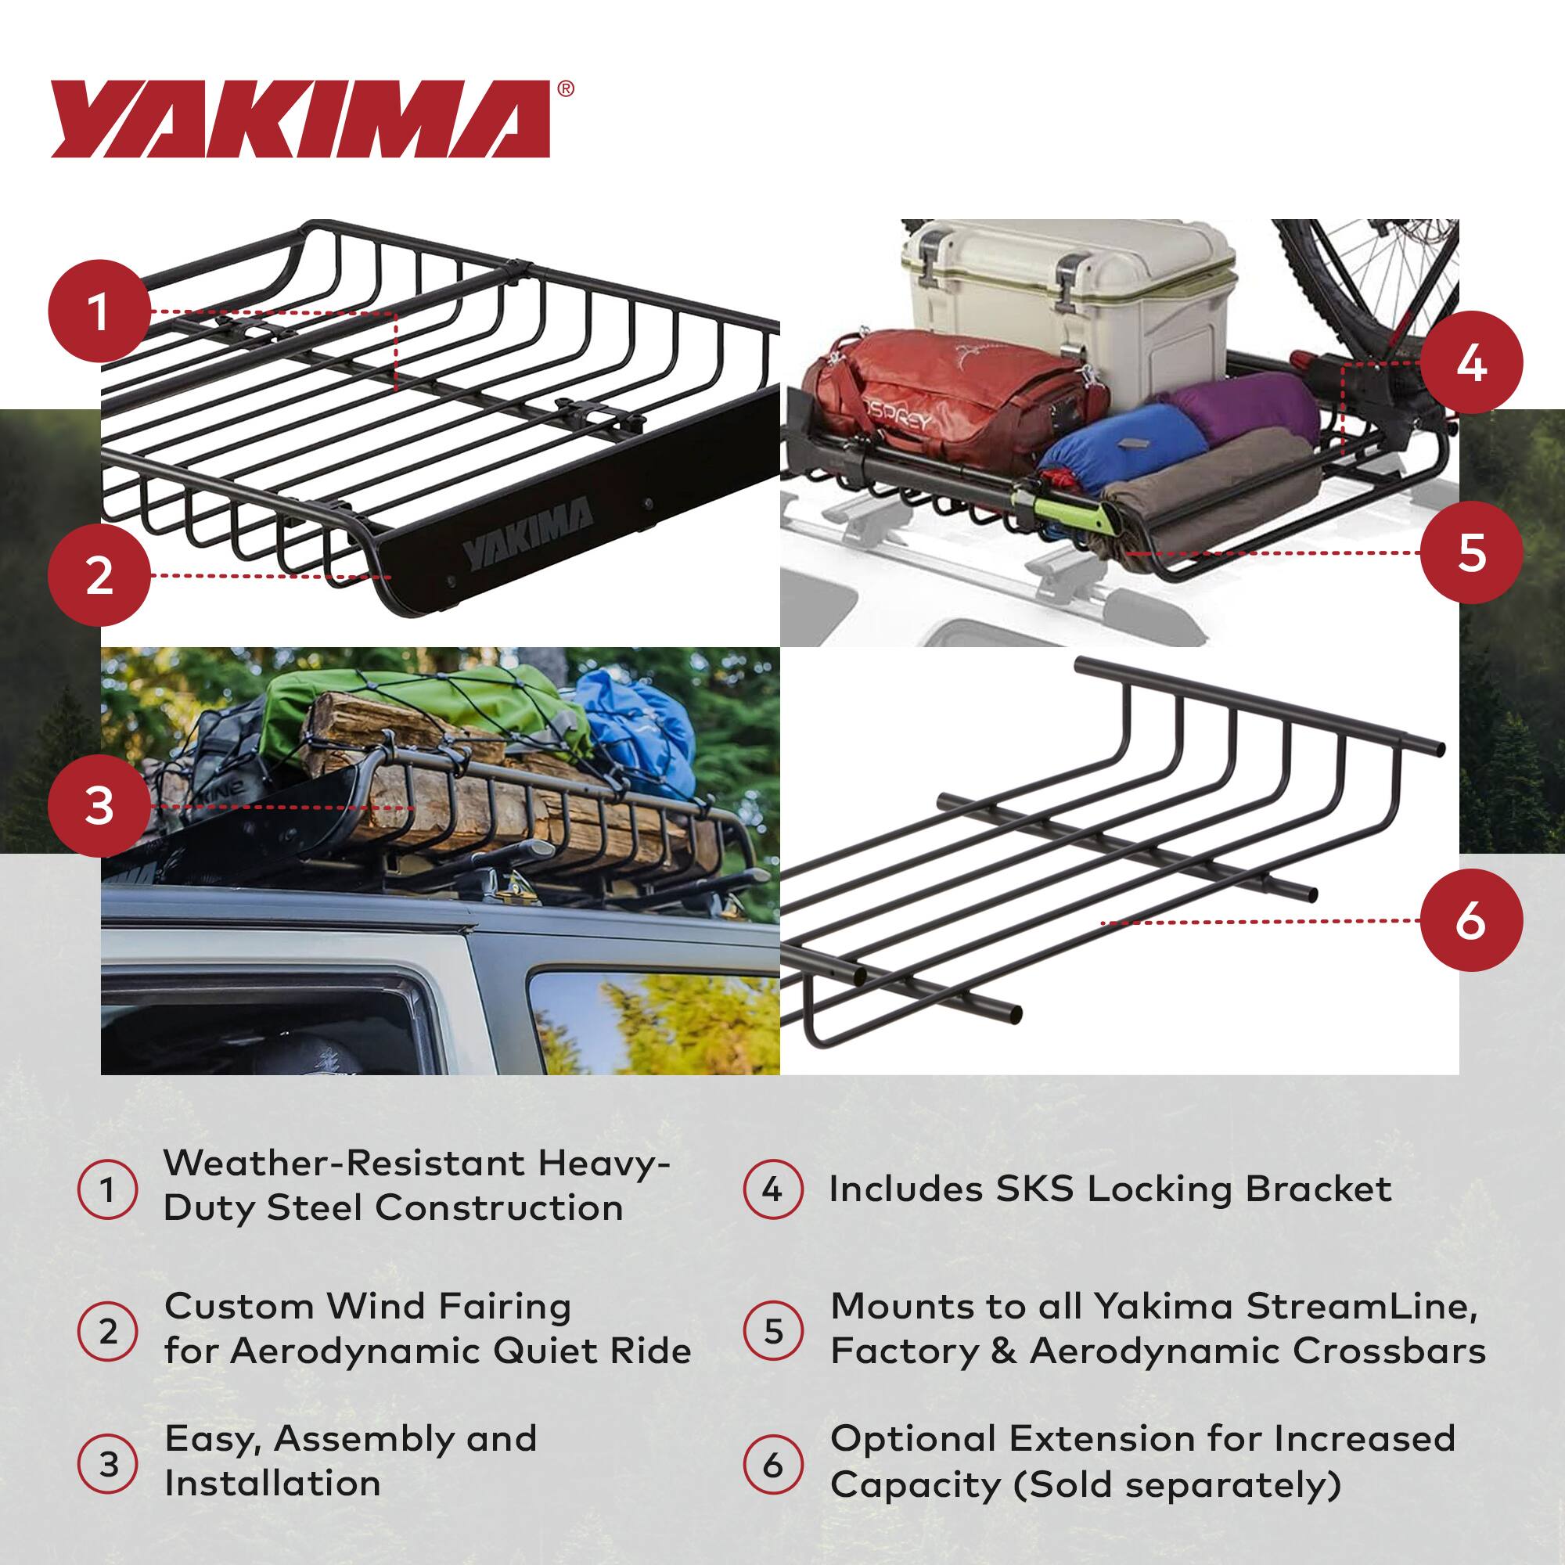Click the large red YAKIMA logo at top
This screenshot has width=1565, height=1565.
point(300,119)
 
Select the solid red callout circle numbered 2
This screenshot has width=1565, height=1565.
point(99,576)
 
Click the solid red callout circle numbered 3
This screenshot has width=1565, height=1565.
point(99,807)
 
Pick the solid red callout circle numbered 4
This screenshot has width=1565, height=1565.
point(1471,363)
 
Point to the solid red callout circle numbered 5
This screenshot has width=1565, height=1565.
point(1471,553)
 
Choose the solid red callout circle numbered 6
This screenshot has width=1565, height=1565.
point(1471,922)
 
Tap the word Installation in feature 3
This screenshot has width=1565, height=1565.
point(272,1483)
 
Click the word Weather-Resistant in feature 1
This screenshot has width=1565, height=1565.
point(344,1164)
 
